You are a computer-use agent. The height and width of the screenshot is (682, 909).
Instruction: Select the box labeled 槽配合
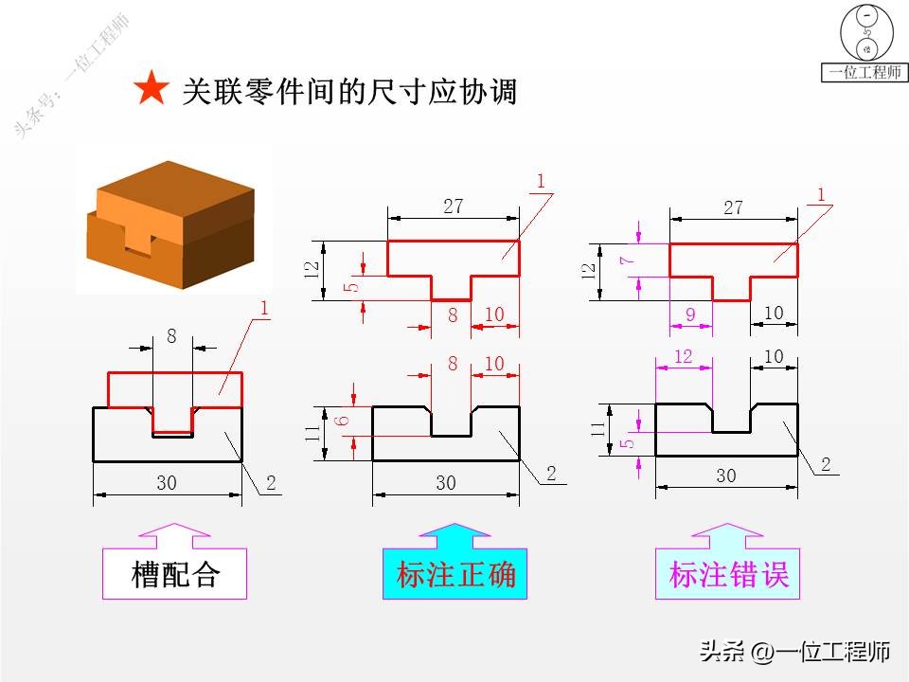174,574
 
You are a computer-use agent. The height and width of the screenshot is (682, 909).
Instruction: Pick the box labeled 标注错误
727,574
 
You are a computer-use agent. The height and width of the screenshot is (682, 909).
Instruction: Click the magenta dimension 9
690,314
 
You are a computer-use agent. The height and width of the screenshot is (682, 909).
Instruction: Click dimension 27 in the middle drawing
454,206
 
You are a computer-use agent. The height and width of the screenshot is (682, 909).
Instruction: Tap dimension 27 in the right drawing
734,207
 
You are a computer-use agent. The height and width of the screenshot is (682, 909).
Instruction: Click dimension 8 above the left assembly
171,334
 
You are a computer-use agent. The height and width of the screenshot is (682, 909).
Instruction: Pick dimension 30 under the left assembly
167,483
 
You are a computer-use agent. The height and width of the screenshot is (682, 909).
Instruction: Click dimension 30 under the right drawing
725,476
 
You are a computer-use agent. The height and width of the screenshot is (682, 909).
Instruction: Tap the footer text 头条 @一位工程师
793,651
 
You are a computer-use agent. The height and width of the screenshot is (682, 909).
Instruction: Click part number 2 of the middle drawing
551,474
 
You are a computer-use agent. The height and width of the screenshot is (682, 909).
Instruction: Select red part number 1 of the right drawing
821,194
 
